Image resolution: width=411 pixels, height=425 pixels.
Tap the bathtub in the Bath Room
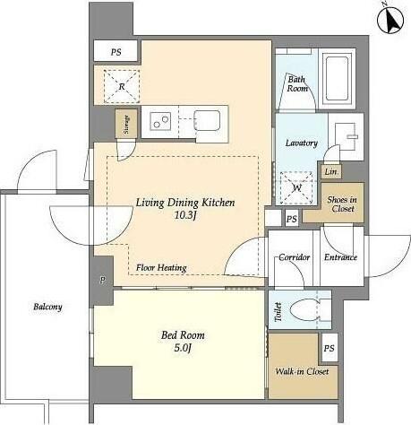click(x=338, y=79)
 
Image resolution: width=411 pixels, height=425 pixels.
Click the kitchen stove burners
click(x=160, y=121)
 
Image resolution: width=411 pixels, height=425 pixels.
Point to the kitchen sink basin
click(x=207, y=121)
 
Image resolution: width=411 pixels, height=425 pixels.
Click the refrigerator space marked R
click(x=122, y=87)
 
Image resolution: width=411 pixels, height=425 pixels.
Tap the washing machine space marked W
click(x=296, y=187)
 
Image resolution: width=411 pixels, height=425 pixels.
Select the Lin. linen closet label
click(x=331, y=172)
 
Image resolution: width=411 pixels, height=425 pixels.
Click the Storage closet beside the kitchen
click(x=126, y=124)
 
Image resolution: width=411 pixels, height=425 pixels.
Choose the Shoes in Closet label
click(x=342, y=204)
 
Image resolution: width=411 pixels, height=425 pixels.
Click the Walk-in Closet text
click(x=302, y=371)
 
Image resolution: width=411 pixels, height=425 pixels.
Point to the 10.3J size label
click(x=184, y=215)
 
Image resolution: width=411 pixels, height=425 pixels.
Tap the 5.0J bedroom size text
click(x=183, y=348)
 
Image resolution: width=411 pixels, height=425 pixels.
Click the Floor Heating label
click(x=161, y=268)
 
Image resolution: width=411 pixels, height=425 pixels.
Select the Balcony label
click(x=47, y=307)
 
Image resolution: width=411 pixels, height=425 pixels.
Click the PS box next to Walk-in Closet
click(x=330, y=348)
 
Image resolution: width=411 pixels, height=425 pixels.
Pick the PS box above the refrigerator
click(x=116, y=52)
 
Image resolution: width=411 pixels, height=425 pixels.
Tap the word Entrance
click(x=340, y=257)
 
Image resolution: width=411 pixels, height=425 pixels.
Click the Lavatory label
click(x=302, y=143)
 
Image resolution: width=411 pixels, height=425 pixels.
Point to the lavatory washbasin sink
click(x=346, y=136)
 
